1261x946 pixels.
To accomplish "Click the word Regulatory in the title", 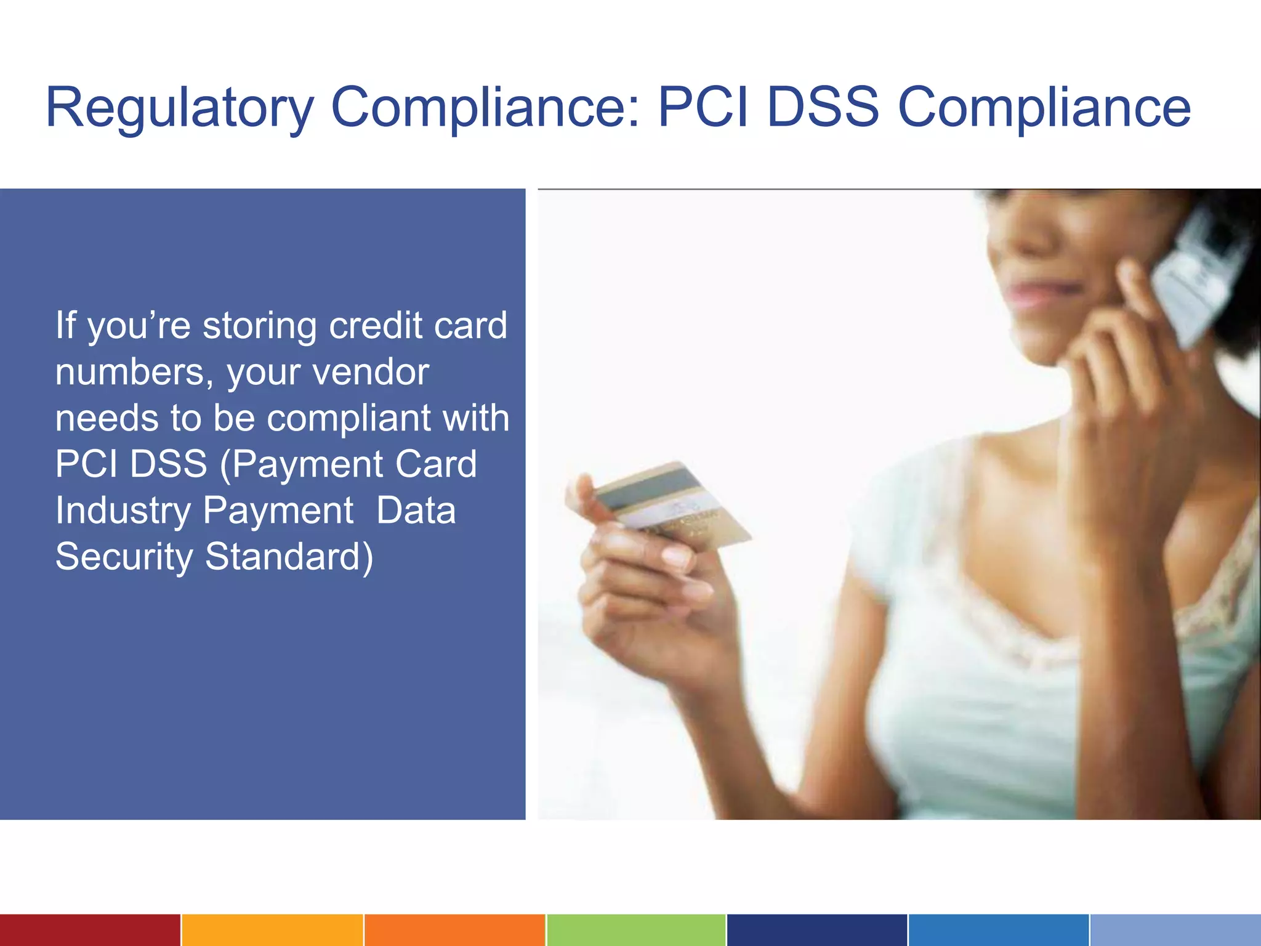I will [179, 108].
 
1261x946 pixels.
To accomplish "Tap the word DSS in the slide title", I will [823, 108].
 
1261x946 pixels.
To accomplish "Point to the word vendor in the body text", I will [371, 372].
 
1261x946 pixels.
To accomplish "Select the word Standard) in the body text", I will [289, 557].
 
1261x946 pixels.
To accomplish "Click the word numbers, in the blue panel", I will [134, 372].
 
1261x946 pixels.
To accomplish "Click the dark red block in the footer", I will [90, 930].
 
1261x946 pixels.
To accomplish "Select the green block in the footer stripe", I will [635, 930].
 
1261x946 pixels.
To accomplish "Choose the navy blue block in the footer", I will [816, 930].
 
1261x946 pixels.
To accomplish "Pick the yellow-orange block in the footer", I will [272, 930].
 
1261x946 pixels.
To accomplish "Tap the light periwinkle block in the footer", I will [1175, 930].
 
